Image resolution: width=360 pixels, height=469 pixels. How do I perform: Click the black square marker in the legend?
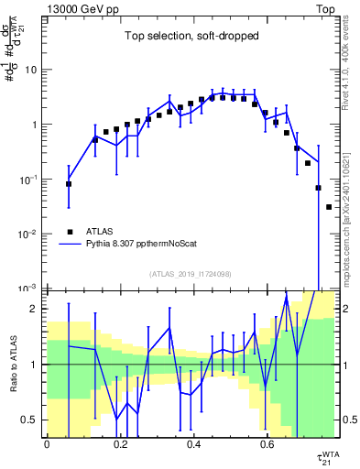tap(69, 232)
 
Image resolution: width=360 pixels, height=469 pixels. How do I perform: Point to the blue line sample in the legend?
tap(69, 245)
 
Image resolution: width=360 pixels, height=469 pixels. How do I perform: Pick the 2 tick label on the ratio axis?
tap(35, 310)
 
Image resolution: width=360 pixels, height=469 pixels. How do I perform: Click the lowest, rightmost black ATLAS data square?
tap(329, 207)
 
